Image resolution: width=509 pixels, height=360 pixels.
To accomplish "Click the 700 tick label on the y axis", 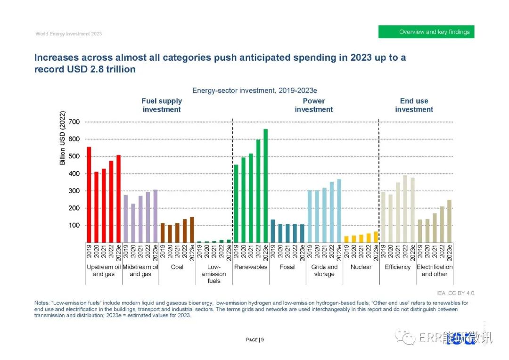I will point(74,122).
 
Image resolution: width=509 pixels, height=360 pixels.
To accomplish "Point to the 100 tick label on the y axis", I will point(74,225).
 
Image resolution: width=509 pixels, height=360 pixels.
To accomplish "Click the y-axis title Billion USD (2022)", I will point(63,138).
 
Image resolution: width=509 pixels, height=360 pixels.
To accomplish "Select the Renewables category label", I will point(251,267).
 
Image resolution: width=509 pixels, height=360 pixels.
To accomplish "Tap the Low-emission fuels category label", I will point(214,274).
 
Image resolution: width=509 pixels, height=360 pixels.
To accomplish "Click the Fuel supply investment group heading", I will point(162,105).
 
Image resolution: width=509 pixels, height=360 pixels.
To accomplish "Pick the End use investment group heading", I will point(414,105).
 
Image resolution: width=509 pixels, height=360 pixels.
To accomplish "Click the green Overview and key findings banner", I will point(426,32).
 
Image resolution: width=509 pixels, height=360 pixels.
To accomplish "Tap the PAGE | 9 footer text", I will point(254,340).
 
